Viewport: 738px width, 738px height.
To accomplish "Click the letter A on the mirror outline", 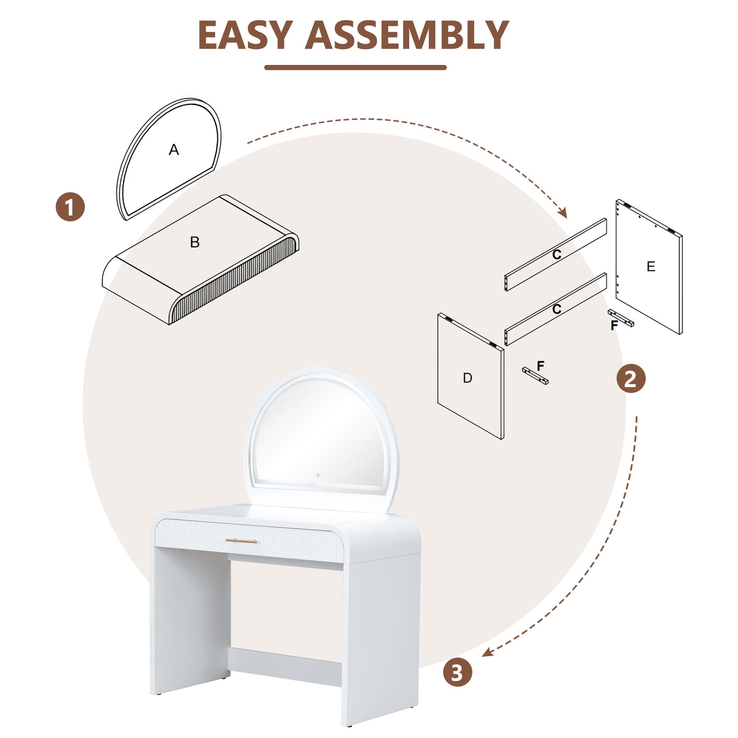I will (x=174, y=150).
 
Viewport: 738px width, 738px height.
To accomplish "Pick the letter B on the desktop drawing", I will (x=195, y=242).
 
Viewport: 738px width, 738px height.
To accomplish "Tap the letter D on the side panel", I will (x=467, y=378).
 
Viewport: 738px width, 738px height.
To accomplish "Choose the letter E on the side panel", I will (x=651, y=266).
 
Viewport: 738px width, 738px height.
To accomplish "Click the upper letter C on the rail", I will (x=557, y=254).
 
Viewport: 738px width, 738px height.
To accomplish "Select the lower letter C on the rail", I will (x=557, y=308).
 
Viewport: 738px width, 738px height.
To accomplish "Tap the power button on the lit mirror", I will (x=318, y=476).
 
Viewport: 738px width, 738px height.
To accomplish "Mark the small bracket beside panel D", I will (x=535, y=376).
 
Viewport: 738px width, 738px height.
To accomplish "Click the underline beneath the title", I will (x=355, y=68).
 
